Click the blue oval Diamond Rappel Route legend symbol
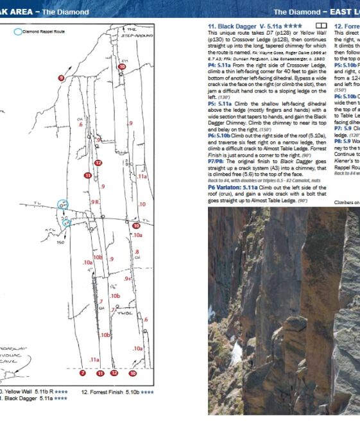point(19,30)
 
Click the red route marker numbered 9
point(62,78)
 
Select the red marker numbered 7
point(82,373)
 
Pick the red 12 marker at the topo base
point(114,373)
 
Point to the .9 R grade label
point(94,202)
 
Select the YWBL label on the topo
point(127,314)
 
